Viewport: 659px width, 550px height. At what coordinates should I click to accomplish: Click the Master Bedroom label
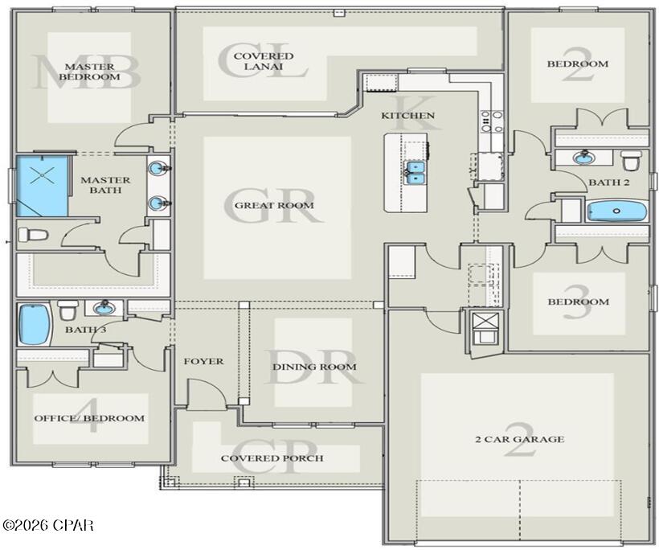[x=89, y=72]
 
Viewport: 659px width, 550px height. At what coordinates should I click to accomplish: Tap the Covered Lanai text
[x=264, y=61]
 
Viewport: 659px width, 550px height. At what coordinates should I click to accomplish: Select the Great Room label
[x=274, y=205]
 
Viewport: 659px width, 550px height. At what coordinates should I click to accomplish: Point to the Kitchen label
[x=407, y=115]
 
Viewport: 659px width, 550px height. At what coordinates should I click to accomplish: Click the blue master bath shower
[x=42, y=186]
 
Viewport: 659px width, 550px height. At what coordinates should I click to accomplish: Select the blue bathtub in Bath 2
[x=617, y=211]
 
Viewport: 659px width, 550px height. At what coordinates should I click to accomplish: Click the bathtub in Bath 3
[x=34, y=324]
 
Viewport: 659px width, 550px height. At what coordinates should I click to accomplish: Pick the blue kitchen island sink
[x=415, y=173]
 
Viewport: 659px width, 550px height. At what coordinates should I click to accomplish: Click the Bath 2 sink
[x=583, y=158]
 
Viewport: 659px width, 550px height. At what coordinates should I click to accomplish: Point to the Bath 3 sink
[x=104, y=308]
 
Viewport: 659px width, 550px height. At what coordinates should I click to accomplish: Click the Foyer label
[x=203, y=361]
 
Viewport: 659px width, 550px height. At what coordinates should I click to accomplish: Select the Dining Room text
[x=314, y=367]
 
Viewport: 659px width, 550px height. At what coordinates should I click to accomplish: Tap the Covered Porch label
[x=272, y=458]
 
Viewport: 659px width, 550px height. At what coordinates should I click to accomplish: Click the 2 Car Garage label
[x=519, y=439]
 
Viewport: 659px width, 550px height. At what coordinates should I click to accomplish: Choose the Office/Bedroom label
[x=89, y=418]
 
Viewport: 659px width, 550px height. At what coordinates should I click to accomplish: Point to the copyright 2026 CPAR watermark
[x=47, y=525]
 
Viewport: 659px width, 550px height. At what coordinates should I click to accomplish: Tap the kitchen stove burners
[x=492, y=121]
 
